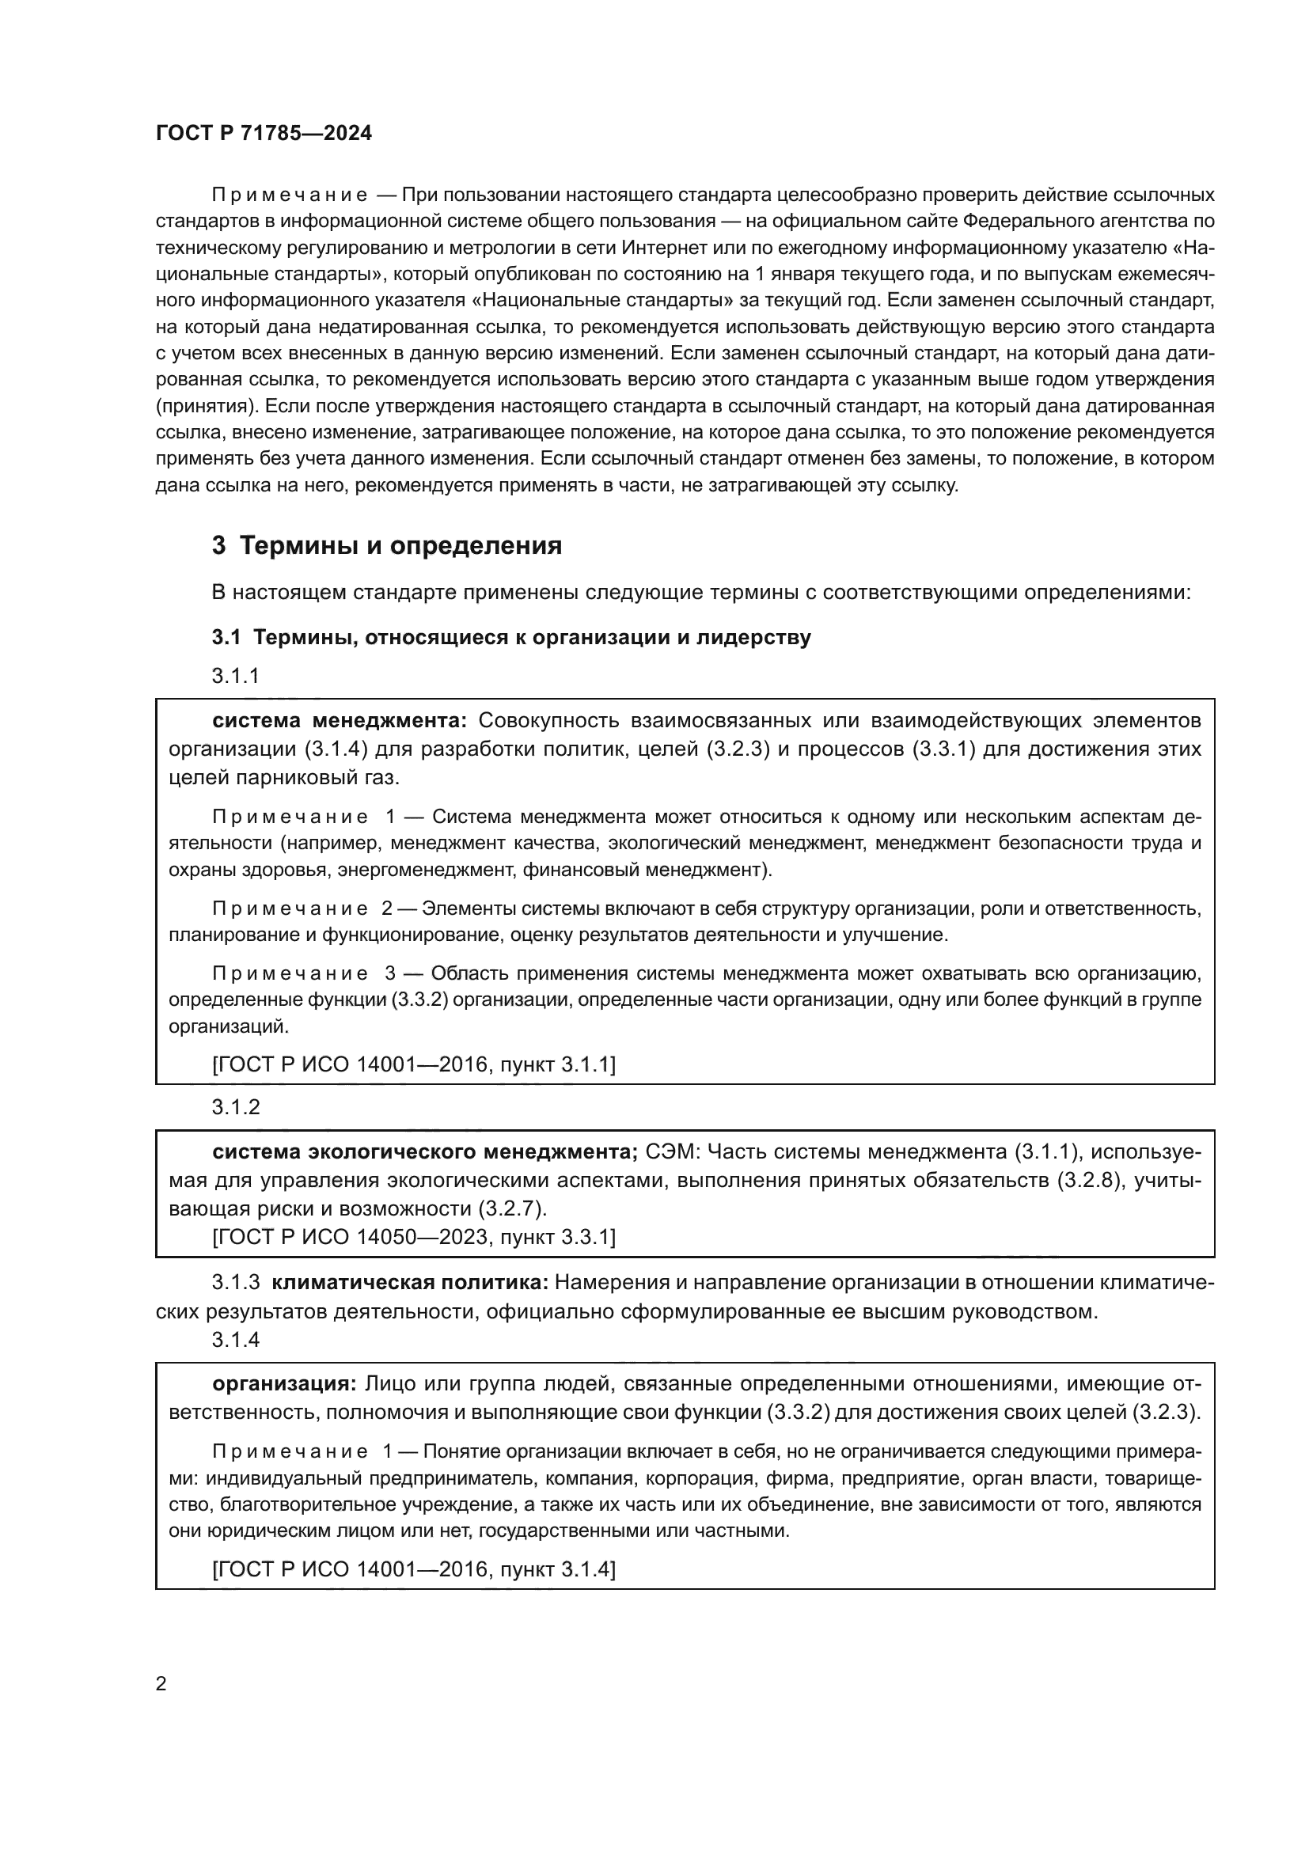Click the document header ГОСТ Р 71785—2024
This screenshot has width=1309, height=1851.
(264, 134)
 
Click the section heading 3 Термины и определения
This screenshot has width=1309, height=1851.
(387, 546)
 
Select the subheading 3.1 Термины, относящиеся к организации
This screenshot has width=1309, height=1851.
(511, 637)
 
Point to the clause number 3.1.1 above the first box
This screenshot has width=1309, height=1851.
(235, 676)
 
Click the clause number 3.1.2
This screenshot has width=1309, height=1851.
(235, 1107)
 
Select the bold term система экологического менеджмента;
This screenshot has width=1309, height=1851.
(426, 1151)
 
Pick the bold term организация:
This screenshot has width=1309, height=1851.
(284, 1384)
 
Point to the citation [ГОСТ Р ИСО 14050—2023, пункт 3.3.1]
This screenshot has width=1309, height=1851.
(413, 1237)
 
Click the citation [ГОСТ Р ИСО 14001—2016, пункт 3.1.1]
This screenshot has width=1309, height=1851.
(413, 1065)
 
